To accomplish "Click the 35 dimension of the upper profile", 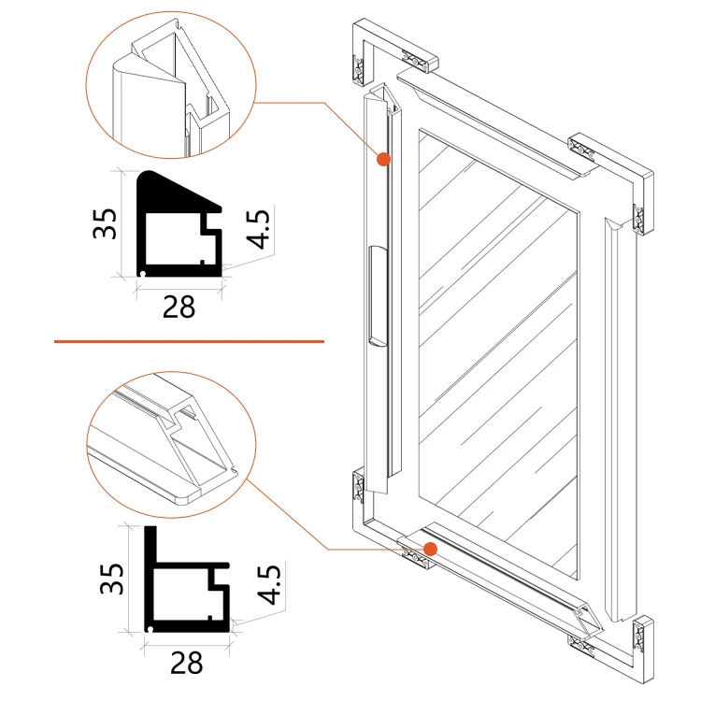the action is (105, 223).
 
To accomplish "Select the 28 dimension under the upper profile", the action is (179, 306).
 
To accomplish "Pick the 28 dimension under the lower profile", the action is (187, 663).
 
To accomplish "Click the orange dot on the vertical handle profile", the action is (382, 160).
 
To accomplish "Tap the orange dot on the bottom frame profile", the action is (430, 548).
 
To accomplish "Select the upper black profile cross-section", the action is (178, 224).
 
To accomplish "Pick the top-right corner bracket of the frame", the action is (612, 168).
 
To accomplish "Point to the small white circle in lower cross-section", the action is (150, 631).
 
